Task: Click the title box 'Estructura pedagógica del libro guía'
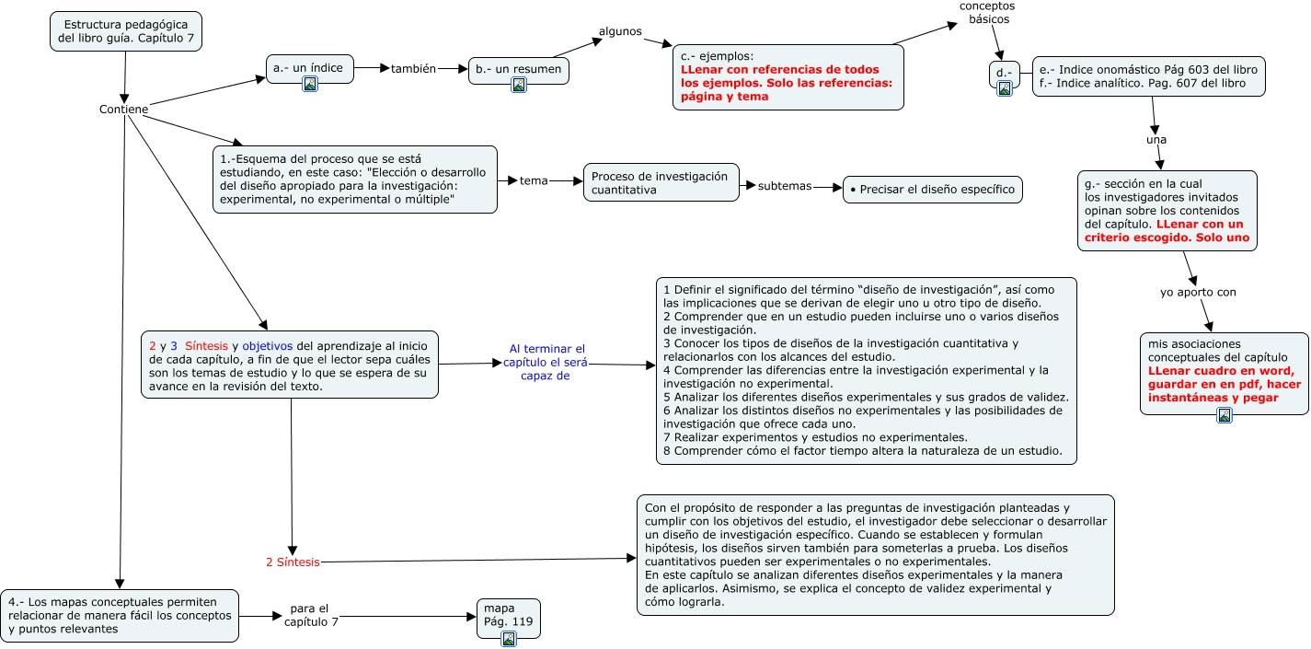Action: click(x=125, y=31)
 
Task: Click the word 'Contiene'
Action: click(x=124, y=110)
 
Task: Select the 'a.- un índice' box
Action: click(x=308, y=68)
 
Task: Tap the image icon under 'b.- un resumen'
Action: click(x=519, y=86)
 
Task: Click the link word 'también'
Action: click(x=413, y=68)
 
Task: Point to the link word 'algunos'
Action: click(x=620, y=31)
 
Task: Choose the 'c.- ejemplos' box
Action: click(x=788, y=77)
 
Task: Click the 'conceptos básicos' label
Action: click(x=988, y=13)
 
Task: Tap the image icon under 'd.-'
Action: click(x=1005, y=88)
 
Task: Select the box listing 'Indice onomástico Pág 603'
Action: click(x=1148, y=76)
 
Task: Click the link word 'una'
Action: click(x=1156, y=140)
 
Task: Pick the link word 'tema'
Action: click(x=534, y=180)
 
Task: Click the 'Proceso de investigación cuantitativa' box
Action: click(x=661, y=182)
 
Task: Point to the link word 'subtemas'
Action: click(x=785, y=186)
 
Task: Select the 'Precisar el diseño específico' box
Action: click(x=932, y=190)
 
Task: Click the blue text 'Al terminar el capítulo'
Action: click(x=546, y=362)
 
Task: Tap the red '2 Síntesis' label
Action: click(x=293, y=562)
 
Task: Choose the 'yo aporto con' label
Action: click(x=1198, y=293)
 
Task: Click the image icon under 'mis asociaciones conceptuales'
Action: click(x=1224, y=415)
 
